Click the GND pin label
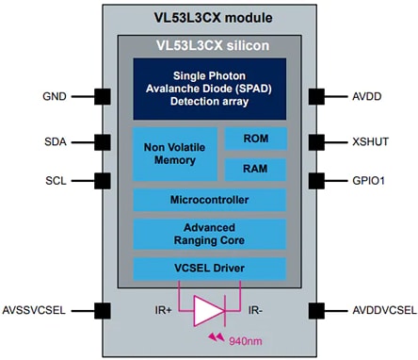tap(55, 95)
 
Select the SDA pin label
tap(55, 141)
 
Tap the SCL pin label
tap(55, 179)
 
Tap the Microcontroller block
tap(210, 201)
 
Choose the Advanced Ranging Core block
tap(210, 234)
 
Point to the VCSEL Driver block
tap(210, 270)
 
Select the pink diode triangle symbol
tap(210, 308)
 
